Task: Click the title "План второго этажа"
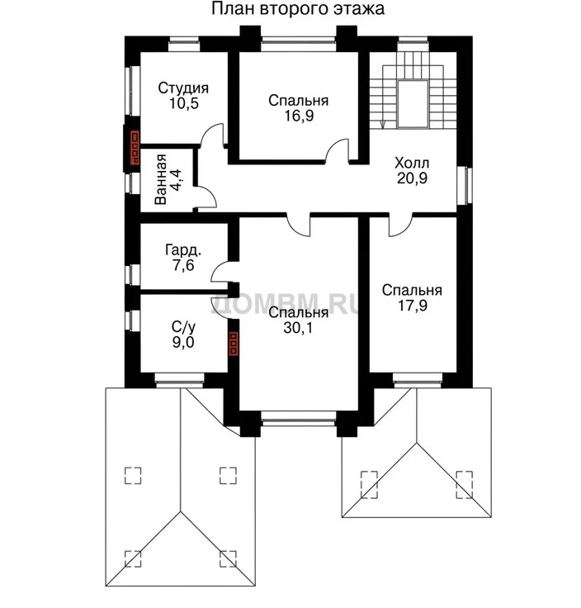click(297, 8)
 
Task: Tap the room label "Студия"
click(183, 88)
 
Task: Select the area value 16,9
click(299, 116)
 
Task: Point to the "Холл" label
click(412, 163)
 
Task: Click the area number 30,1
click(298, 328)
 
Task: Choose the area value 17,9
click(413, 305)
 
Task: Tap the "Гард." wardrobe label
click(183, 250)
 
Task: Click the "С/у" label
click(183, 327)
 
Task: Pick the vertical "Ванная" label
click(160, 179)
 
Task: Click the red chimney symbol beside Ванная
click(135, 148)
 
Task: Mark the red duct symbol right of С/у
click(234, 343)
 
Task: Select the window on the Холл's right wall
click(465, 185)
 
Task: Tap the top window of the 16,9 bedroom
click(298, 44)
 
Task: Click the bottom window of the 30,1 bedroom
click(298, 419)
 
